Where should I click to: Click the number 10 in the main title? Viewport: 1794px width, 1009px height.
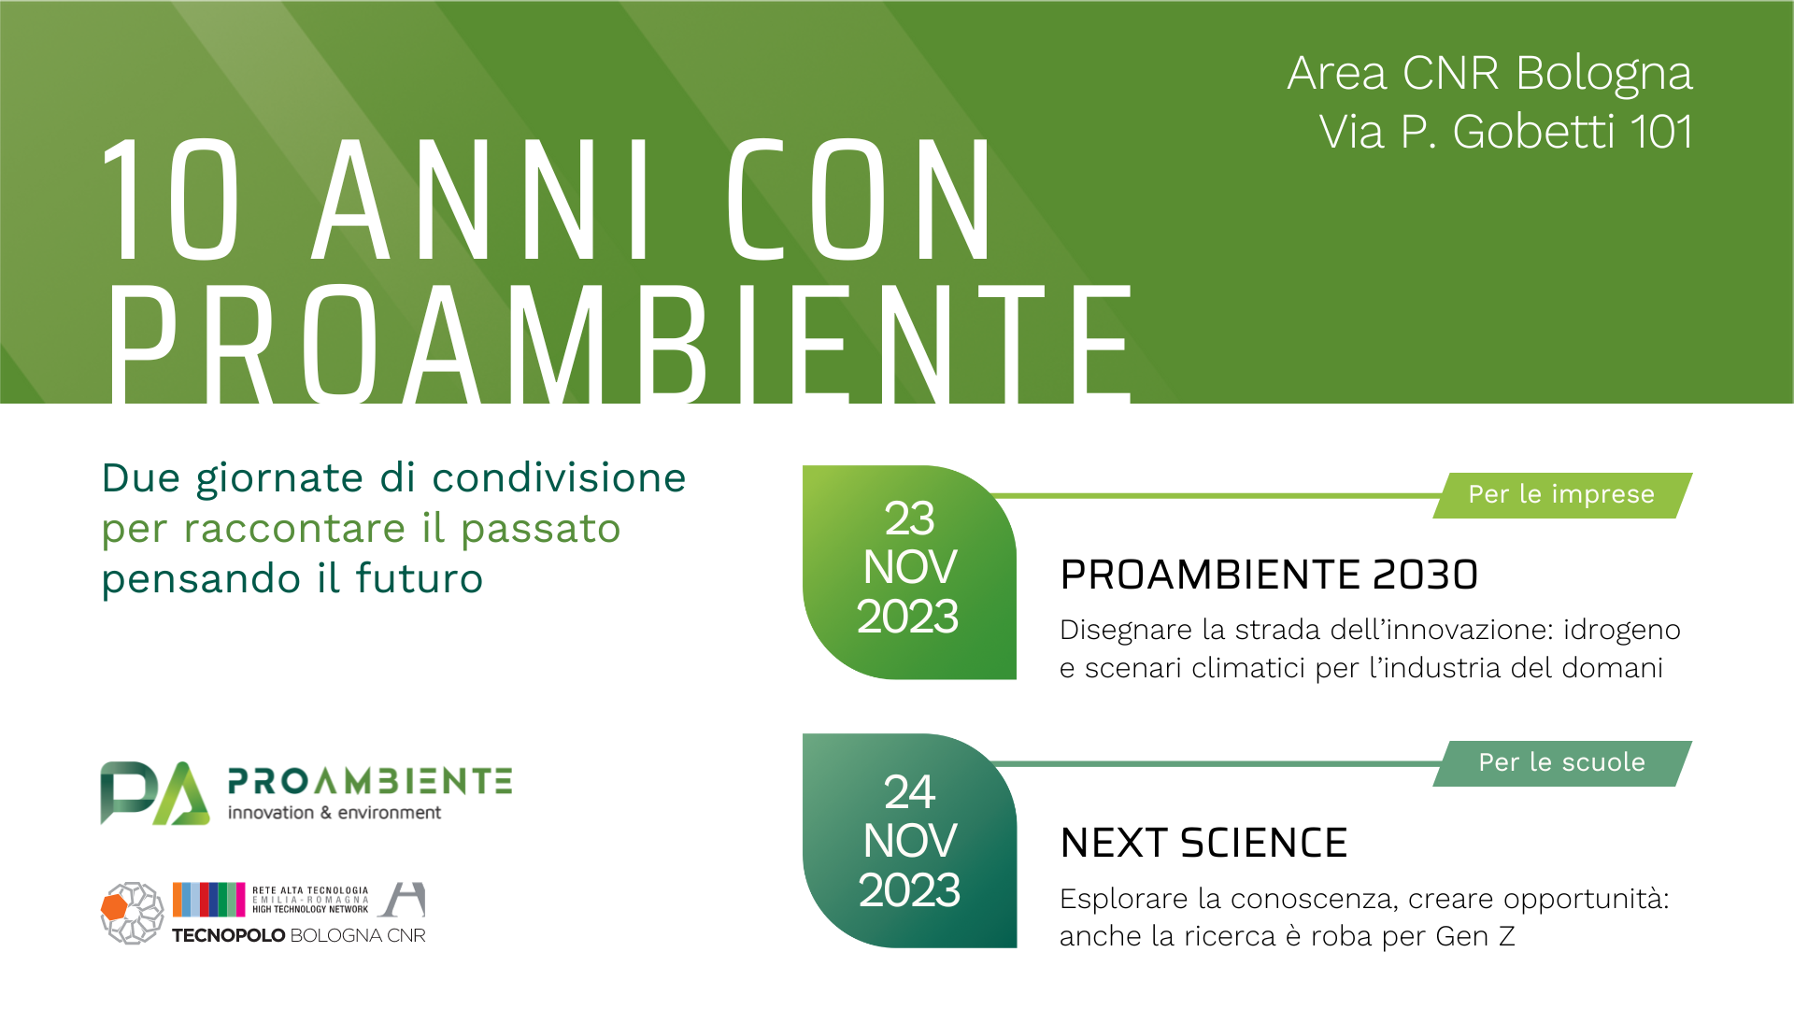(171, 199)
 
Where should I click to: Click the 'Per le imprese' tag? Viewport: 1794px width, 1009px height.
(1562, 494)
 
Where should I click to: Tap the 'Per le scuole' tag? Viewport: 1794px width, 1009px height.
(1562, 762)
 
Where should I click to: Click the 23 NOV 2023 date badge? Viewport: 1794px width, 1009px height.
(909, 572)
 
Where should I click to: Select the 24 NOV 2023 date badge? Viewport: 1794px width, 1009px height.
(909, 841)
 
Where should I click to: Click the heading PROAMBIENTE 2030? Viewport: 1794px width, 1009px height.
(1269, 575)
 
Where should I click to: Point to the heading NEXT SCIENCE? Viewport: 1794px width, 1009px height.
(1203, 843)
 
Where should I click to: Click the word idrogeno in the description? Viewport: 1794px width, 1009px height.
(1622, 631)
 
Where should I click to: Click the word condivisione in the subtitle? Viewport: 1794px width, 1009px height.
(559, 478)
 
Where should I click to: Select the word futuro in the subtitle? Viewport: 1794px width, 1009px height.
(420, 578)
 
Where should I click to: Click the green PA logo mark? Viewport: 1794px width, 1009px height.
(155, 793)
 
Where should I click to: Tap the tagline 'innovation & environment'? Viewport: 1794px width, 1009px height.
(335, 813)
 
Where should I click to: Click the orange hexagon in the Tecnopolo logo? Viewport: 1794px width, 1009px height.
(114, 906)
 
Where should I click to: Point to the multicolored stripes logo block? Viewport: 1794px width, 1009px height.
(209, 899)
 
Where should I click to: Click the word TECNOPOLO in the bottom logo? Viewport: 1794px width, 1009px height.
(229, 935)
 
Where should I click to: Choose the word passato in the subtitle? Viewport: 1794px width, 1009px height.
(541, 530)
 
